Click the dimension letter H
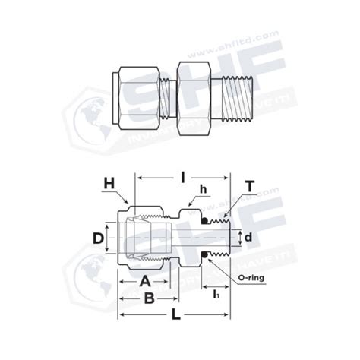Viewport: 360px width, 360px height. [x=109, y=183]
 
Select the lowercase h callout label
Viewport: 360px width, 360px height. [x=203, y=188]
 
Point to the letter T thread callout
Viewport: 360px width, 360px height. [x=249, y=185]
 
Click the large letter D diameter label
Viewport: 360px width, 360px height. [x=97, y=238]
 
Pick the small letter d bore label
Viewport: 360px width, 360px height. [x=247, y=238]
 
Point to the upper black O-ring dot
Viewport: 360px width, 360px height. [x=204, y=221]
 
